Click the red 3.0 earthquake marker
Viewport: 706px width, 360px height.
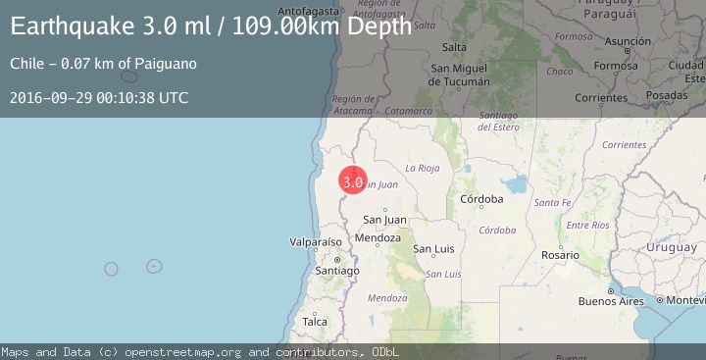tap(353, 180)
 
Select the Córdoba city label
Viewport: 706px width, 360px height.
tap(480, 199)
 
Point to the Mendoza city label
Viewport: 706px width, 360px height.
tap(378, 237)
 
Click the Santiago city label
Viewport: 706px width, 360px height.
tap(338, 270)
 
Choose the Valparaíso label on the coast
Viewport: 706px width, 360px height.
tap(316, 241)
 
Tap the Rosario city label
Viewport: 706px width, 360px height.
tap(560, 255)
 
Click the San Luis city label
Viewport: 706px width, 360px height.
tap(432, 249)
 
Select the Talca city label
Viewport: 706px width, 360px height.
tap(315, 322)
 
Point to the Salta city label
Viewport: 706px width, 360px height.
tap(454, 47)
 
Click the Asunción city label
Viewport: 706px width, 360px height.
tap(628, 42)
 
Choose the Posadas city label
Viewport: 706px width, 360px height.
tap(667, 95)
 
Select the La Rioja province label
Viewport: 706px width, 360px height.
tap(422, 168)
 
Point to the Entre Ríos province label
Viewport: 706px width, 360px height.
tap(587, 226)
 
